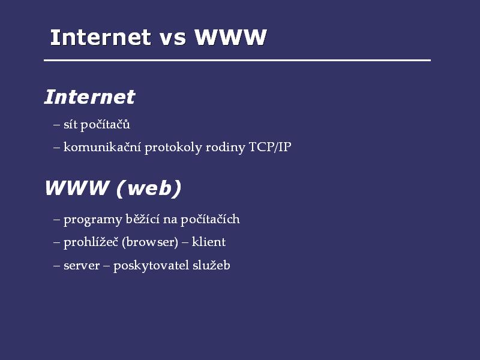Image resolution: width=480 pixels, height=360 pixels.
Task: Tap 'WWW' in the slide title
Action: (231, 37)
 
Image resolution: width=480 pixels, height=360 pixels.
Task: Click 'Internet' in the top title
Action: (100, 37)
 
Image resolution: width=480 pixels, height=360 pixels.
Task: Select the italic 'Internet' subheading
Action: (89, 97)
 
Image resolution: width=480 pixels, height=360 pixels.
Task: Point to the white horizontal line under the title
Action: (237, 61)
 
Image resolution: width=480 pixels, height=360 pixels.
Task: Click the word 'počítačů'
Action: (106, 125)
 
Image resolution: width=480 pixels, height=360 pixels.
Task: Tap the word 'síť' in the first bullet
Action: (70, 124)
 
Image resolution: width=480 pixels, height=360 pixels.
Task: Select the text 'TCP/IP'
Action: (270, 147)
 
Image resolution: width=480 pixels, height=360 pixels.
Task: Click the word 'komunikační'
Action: (102, 147)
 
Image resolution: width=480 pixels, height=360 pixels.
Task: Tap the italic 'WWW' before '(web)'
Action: (77, 188)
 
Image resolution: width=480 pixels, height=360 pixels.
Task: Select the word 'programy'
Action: (93, 220)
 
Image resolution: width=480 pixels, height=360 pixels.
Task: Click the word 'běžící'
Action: (143, 219)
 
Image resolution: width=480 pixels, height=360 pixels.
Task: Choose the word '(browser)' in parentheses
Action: (150, 242)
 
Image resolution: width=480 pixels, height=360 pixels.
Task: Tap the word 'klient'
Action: (209, 242)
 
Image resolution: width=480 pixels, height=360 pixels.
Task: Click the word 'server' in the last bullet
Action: (82, 266)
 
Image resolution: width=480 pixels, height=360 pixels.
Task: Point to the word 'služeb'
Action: (211, 265)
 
